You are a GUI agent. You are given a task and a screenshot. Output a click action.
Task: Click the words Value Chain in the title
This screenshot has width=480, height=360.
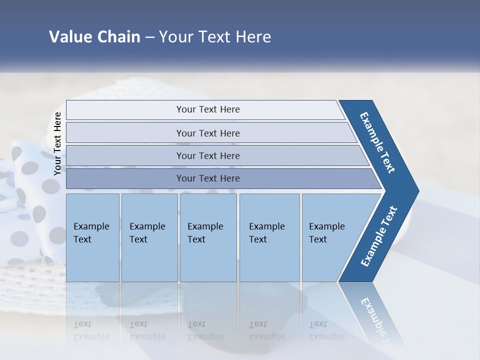pos(94,37)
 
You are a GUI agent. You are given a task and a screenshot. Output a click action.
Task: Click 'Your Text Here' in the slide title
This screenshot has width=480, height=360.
pos(215,37)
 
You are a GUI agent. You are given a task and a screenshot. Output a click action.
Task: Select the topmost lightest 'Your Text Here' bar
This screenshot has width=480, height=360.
pos(207,109)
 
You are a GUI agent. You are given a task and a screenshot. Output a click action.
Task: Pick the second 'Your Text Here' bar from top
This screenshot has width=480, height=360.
pos(207,133)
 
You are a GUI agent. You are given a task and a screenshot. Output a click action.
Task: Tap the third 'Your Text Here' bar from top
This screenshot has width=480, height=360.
pos(207,155)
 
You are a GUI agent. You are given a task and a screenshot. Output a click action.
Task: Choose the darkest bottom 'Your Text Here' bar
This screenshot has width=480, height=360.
pos(207,178)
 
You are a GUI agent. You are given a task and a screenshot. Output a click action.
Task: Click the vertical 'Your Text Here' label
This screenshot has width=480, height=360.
pos(57,143)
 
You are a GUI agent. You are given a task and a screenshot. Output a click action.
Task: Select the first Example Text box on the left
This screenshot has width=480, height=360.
pos(92,237)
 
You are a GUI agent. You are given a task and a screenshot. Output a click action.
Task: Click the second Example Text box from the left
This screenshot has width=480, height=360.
pos(149,237)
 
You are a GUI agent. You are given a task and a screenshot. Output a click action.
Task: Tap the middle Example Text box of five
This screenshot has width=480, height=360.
pos(207,237)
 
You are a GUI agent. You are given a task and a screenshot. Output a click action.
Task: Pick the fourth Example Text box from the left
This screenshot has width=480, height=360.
pos(269,237)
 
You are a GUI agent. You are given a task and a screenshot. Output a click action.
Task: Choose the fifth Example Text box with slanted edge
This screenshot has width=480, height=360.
pos(330,237)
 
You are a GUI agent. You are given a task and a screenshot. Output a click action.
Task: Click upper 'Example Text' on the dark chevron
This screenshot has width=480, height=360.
pos(377,142)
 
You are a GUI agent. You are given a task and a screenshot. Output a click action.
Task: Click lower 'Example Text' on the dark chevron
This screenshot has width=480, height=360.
pos(379,236)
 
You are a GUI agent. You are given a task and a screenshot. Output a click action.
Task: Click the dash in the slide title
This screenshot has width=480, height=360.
pos(149,37)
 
